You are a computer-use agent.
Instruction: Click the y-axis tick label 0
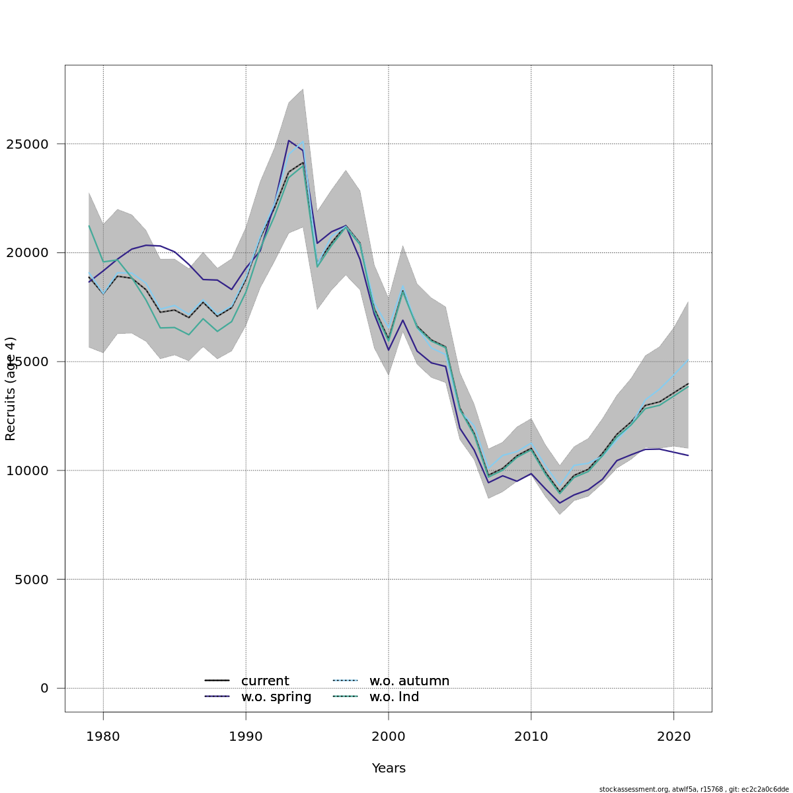pyautogui.click(x=44, y=689)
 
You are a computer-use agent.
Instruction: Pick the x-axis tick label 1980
pyautogui.click(x=103, y=736)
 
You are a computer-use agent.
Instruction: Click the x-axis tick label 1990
pyautogui.click(x=246, y=736)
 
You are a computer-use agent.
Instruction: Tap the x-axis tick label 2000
pyautogui.click(x=389, y=736)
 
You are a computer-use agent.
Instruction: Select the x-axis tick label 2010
pyautogui.click(x=531, y=736)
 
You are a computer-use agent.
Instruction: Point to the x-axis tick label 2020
pyautogui.click(x=673, y=736)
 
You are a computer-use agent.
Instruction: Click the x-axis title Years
pyautogui.click(x=389, y=769)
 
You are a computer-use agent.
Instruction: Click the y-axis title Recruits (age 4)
pyautogui.click(x=11, y=389)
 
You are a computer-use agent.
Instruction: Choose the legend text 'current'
pyautogui.click(x=265, y=681)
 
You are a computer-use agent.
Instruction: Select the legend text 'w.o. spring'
pyautogui.click(x=276, y=697)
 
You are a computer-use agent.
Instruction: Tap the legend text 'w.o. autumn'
pyautogui.click(x=409, y=681)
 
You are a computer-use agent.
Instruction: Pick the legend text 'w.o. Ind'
pyautogui.click(x=394, y=697)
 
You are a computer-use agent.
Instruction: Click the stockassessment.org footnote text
pyautogui.click(x=694, y=789)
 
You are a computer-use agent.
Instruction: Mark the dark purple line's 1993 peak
pyautogui.click(x=289, y=140)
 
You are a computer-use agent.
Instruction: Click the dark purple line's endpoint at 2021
pyautogui.click(x=688, y=455)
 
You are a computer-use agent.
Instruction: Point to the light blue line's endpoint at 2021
pyautogui.click(x=688, y=360)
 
